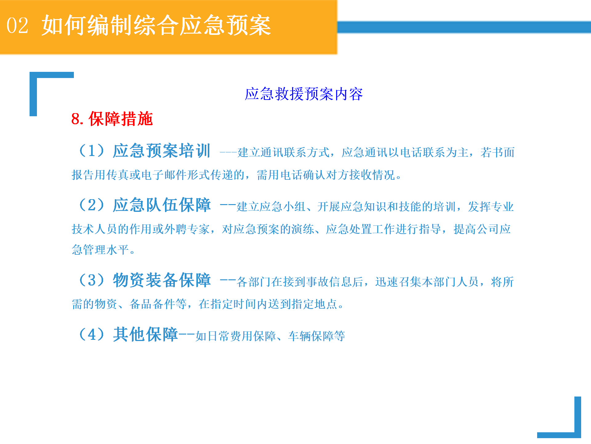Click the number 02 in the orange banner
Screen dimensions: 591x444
point(18,26)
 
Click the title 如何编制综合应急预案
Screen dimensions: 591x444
point(156,25)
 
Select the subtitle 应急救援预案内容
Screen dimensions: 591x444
point(304,94)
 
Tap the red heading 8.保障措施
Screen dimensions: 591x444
point(112,119)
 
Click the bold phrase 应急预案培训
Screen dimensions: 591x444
point(162,151)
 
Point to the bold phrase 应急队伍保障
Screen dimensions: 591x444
point(162,205)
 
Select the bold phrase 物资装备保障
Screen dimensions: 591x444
point(162,280)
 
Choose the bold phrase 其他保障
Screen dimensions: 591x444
point(145,335)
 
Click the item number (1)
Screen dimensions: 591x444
point(92,151)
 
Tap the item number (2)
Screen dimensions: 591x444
point(92,205)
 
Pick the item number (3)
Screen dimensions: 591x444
point(92,280)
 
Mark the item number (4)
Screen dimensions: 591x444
point(92,335)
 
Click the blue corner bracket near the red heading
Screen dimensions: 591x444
point(33,92)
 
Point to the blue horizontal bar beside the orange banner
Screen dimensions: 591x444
point(464,27)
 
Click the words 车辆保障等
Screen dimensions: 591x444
point(317,336)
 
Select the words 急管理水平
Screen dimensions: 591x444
point(100,250)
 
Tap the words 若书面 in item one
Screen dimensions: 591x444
point(497,152)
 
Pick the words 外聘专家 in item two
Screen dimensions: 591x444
point(187,229)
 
